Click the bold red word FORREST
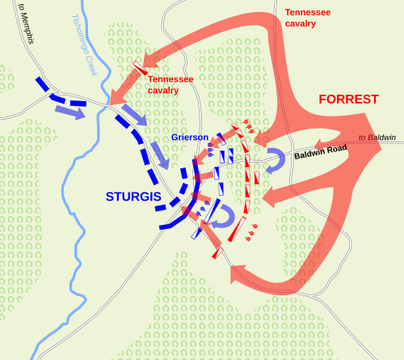coord(348,100)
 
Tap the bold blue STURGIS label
coord(133,197)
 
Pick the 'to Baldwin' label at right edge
coord(377,138)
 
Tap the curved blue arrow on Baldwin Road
coord(276,159)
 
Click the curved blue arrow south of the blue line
coord(234,217)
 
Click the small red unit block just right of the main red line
coord(257,176)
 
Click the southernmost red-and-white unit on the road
coord(217,252)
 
